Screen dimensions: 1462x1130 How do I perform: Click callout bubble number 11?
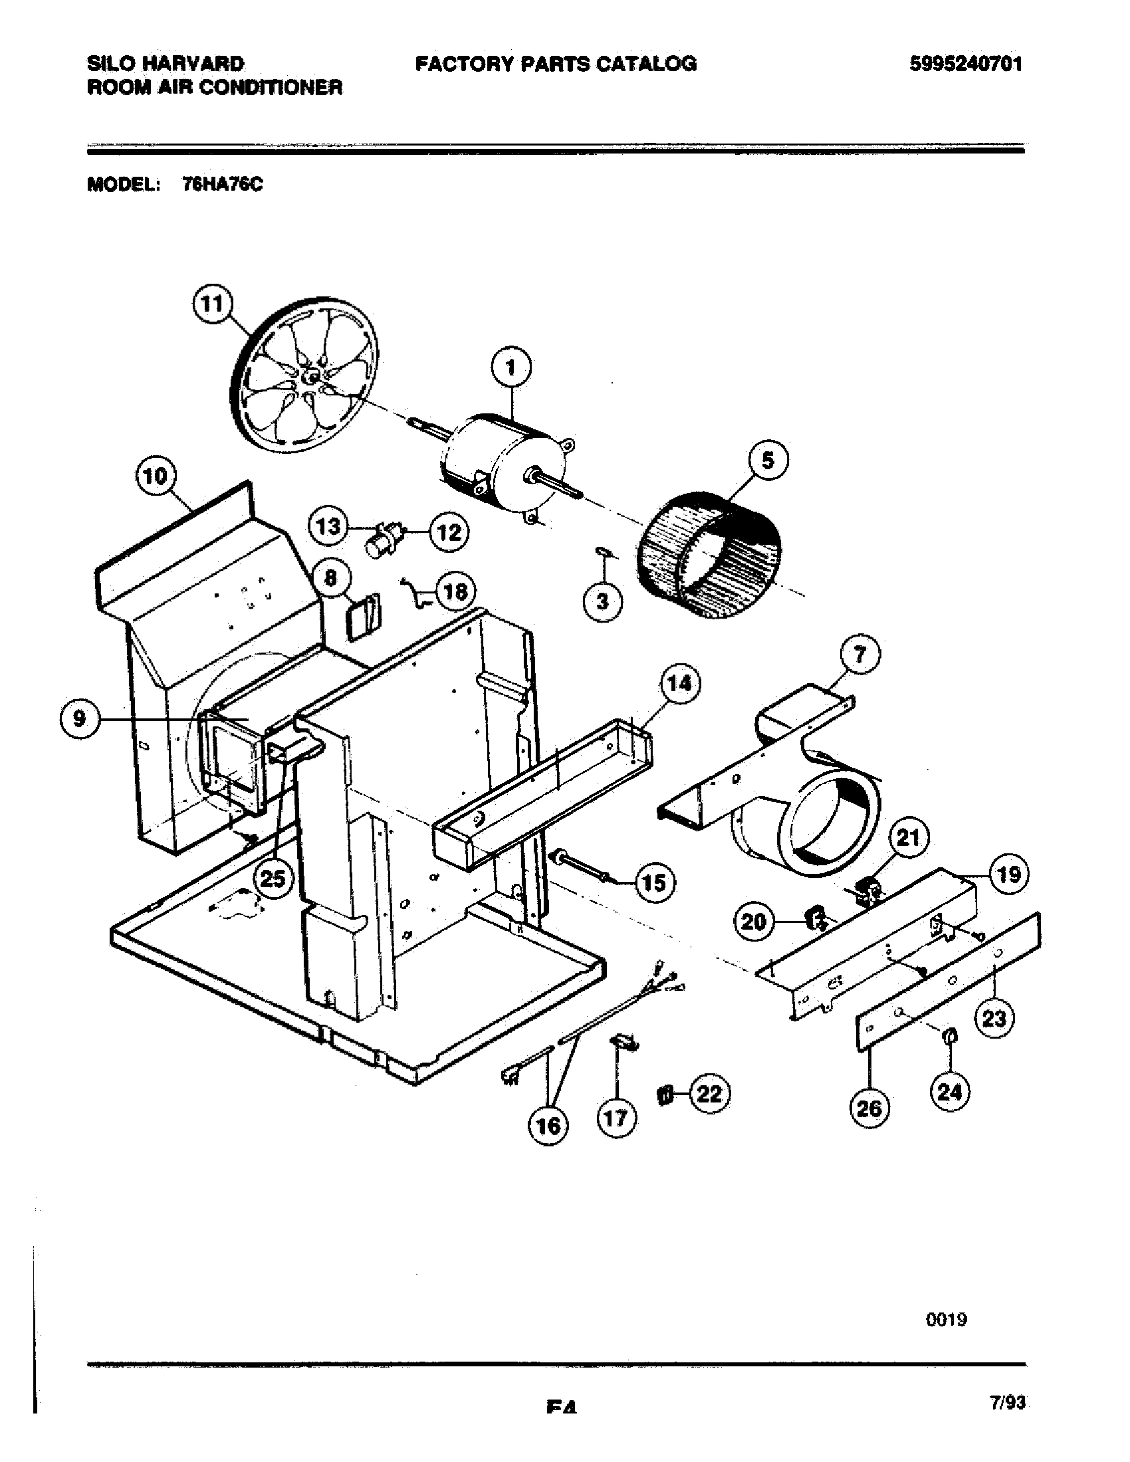(x=212, y=304)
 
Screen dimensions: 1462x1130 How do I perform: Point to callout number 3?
(x=602, y=601)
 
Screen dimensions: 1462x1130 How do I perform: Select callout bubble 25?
(x=273, y=879)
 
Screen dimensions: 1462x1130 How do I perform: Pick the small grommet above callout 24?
(x=950, y=1037)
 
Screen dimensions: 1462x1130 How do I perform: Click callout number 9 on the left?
(x=80, y=719)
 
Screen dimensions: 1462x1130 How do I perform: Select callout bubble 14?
(x=680, y=683)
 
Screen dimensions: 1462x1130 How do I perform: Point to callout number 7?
(x=859, y=653)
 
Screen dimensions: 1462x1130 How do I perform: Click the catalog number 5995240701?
(x=965, y=64)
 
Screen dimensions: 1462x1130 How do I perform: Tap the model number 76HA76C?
(x=222, y=185)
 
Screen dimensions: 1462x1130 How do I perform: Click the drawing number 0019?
(x=947, y=1318)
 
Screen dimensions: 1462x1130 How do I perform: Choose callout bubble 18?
(x=455, y=591)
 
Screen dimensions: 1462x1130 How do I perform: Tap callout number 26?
(x=869, y=1108)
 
